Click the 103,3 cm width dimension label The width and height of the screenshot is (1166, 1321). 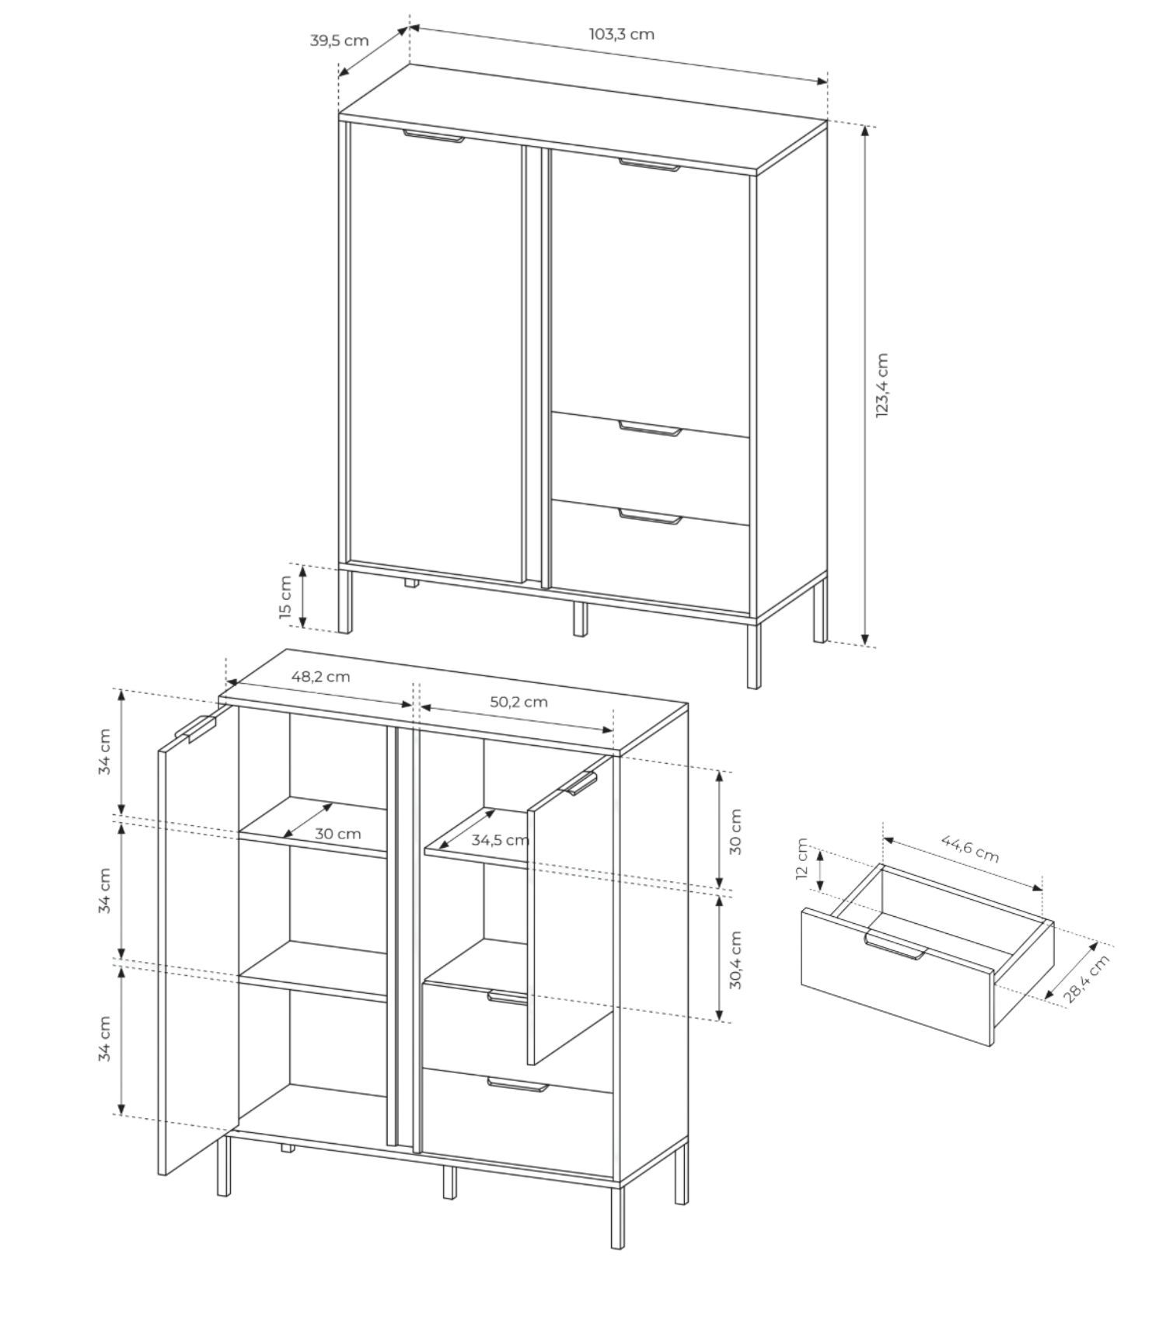coord(621,34)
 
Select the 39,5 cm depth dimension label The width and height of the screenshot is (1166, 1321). coord(339,40)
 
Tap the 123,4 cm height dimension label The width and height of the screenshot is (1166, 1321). coord(881,385)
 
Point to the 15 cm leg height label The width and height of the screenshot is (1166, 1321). coord(285,598)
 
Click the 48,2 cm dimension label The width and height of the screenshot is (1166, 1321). coord(320,676)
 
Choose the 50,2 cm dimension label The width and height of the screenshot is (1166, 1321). coord(518,702)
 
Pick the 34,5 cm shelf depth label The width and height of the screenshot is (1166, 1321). coord(500,840)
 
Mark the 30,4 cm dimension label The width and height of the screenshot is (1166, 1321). coord(735,960)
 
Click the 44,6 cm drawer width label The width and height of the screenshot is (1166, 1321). coord(970,848)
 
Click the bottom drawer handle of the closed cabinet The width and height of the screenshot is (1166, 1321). coord(651,516)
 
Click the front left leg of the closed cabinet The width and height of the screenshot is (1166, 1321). coord(345,601)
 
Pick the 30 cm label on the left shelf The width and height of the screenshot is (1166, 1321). coord(337,834)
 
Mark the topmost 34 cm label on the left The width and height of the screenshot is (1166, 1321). coord(104,751)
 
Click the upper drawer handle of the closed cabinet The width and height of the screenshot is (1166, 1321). coord(651,428)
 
